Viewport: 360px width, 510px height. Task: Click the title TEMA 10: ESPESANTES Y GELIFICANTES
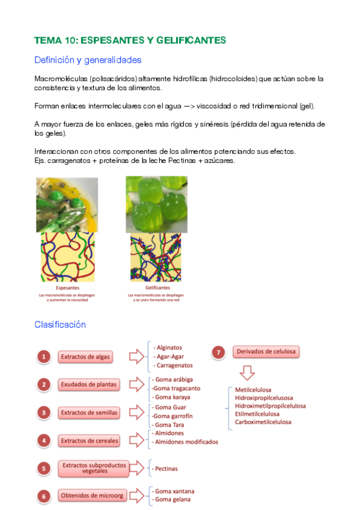click(130, 40)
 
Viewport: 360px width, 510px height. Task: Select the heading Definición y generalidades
click(88, 60)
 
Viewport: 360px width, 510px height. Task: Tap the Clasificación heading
click(60, 325)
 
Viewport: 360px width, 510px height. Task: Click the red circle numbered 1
click(43, 357)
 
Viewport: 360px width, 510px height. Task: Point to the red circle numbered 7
click(219, 351)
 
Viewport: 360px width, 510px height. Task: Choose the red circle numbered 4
click(43, 441)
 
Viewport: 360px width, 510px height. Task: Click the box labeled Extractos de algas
click(85, 357)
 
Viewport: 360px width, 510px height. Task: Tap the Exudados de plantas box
click(88, 384)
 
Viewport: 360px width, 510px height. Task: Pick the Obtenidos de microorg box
click(92, 496)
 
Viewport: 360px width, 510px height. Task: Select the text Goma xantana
click(174, 491)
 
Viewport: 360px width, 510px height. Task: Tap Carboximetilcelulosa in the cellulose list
click(263, 422)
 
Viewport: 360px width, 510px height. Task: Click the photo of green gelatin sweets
click(156, 204)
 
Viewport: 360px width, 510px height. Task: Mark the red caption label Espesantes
click(67, 289)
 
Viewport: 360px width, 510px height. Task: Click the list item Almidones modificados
click(186, 441)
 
